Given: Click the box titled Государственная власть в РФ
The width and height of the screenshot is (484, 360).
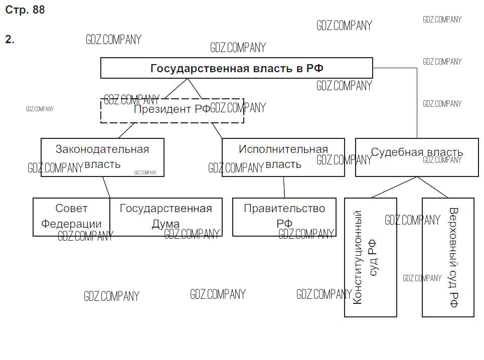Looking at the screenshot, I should click(236, 68).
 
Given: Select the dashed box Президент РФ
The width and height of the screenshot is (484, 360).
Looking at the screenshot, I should click(172, 110).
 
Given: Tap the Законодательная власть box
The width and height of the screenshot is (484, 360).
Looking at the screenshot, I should click(102, 157).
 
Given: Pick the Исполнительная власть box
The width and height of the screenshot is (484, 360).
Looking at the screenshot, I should click(283, 157).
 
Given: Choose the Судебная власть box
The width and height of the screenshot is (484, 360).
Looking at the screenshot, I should click(417, 157).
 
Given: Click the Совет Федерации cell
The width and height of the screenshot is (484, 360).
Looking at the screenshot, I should click(71, 217).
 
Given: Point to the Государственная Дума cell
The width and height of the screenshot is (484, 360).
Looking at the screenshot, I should click(166, 217).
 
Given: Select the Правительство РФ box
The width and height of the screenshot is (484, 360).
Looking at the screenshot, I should click(284, 217).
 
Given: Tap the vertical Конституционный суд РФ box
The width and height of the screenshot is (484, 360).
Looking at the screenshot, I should click(370, 257).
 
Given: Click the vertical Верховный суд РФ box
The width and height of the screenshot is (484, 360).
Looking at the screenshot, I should click(448, 257).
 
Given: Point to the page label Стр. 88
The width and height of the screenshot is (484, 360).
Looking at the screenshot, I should click(25, 10).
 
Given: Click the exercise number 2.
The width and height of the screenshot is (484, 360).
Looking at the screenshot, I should click(10, 40).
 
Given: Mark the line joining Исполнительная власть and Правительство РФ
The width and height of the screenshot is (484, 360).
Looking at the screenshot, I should click(284, 187).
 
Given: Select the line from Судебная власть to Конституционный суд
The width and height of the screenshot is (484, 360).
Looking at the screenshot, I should click(394, 187).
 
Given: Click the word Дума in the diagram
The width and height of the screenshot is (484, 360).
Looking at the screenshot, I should click(166, 224).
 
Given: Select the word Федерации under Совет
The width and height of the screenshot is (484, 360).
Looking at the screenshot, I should click(71, 224).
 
